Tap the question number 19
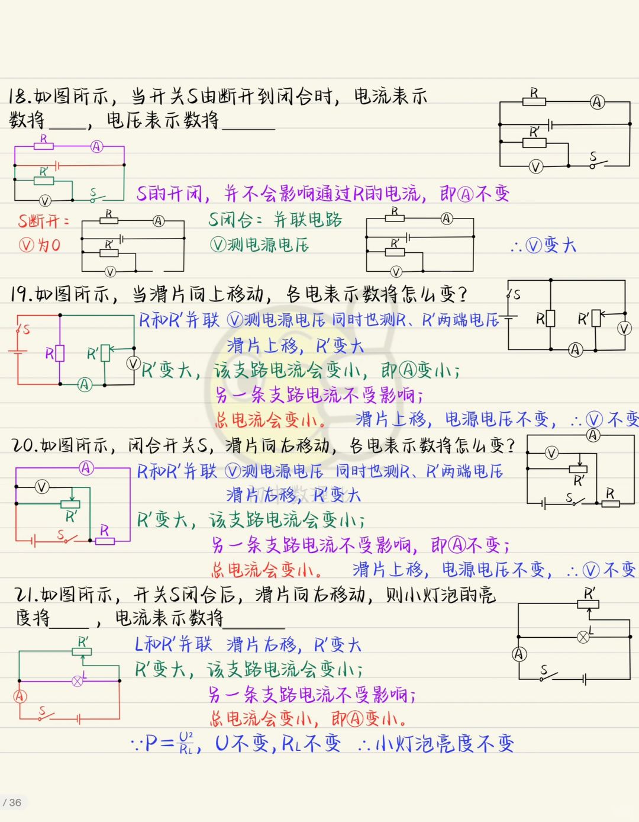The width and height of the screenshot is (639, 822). [x=21, y=294]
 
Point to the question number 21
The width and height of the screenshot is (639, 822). [x=26, y=595]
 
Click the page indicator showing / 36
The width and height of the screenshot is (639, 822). [x=12, y=802]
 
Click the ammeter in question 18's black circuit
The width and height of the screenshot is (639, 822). [x=597, y=102]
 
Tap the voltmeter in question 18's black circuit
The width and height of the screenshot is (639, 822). [x=535, y=167]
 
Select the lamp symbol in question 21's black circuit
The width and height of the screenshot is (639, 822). [x=583, y=637]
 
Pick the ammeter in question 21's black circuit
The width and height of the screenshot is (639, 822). [x=519, y=654]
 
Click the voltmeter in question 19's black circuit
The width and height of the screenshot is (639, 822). [x=624, y=329]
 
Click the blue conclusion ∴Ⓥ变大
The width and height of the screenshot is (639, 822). [x=543, y=245]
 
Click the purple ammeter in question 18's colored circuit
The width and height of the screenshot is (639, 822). [x=96, y=147]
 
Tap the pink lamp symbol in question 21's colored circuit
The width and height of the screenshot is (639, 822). [x=77, y=681]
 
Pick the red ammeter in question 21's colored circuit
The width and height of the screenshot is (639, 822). [x=20, y=696]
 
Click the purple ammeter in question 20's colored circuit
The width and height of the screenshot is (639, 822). [x=86, y=468]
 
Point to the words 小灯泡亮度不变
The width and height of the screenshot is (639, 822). [x=444, y=743]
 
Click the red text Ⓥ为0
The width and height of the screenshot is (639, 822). [x=40, y=245]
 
